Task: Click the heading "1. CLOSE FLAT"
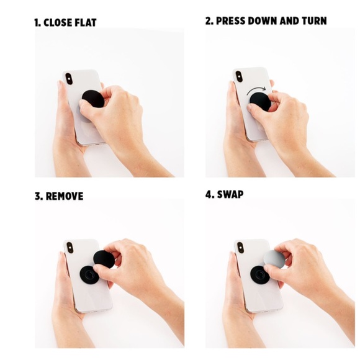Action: pyautogui.click(x=65, y=23)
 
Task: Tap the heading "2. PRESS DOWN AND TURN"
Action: pyautogui.click(x=266, y=21)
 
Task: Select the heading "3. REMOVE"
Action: pyautogui.click(x=59, y=196)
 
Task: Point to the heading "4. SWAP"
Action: pyautogui.click(x=224, y=194)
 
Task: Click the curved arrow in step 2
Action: pyautogui.click(x=256, y=89)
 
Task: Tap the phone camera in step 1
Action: pyautogui.click(x=69, y=79)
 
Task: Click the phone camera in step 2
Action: pyautogui.click(x=239, y=76)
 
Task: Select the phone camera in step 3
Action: pyautogui.click(x=70, y=247)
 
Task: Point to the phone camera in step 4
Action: pyautogui.click(x=240, y=247)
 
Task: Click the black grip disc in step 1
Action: pyautogui.click(x=92, y=99)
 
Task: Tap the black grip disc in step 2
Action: pyautogui.click(x=260, y=101)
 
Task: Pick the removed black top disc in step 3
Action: pyautogui.click(x=104, y=259)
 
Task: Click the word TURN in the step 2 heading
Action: pyautogui.click(x=314, y=21)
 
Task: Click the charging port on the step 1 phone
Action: pyautogui.click(x=97, y=145)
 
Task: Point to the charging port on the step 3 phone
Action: pyautogui.click(x=96, y=312)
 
